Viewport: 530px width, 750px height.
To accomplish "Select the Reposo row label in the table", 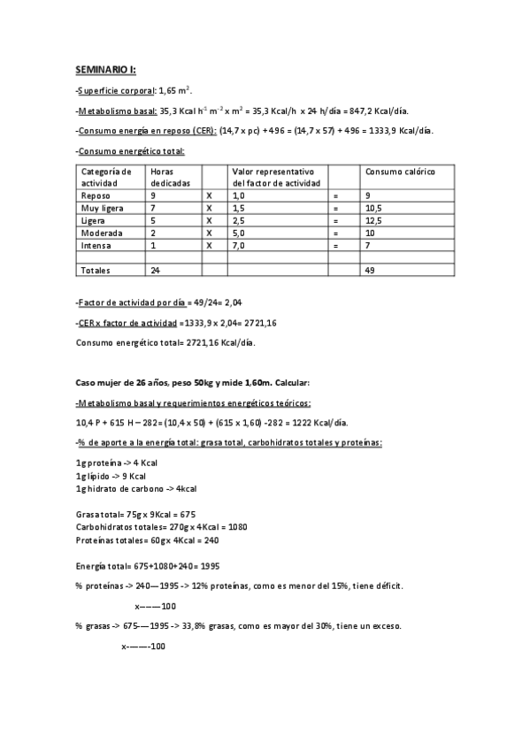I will point(96,195).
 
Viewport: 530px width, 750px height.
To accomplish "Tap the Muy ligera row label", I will point(101,207).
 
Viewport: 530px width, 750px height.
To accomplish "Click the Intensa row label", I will point(96,245).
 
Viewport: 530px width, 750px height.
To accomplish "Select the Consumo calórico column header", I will point(400,171).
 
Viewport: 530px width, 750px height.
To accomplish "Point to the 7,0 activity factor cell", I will point(237,245).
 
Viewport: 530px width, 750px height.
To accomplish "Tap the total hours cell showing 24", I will point(156,270).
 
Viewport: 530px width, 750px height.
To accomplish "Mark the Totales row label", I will point(97,270).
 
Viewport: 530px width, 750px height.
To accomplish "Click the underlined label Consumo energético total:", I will point(131,151).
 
